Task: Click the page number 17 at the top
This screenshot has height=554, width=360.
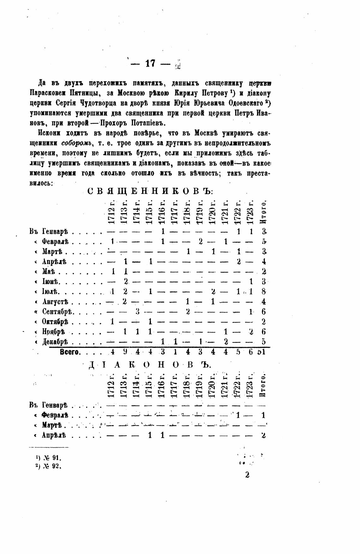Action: pyautogui.click(x=150, y=63)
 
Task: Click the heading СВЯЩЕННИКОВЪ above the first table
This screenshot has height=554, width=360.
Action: pyautogui.click(x=150, y=192)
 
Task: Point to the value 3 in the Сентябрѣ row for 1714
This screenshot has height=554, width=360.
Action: pyautogui.click(x=137, y=312)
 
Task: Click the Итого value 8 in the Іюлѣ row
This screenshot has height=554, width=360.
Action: pyautogui.click(x=264, y=291)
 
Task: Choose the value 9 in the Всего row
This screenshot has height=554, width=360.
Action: pyautogui.click(x=125, y=352)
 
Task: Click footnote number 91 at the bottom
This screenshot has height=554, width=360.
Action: pyautogui.click(x=57, y=458)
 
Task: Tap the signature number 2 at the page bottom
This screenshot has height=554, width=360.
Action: pyautogui.click(x=247, y=475)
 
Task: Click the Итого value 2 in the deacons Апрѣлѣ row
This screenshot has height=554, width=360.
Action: pyautogui.click(x=263, y=435)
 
